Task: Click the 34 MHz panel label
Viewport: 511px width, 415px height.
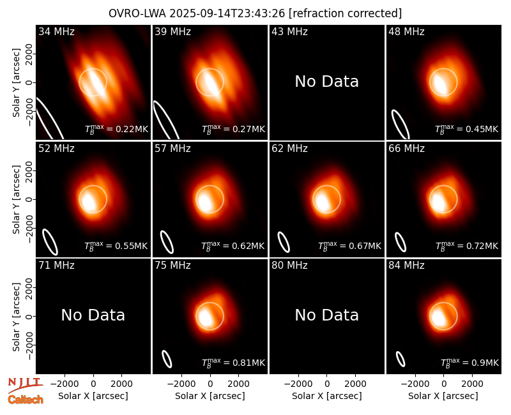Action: (56, 31)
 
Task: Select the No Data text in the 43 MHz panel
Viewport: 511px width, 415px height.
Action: (327, 82)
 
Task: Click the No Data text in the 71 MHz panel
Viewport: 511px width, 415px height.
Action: (93, 315)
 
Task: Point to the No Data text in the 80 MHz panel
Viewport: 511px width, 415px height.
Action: (327, 315)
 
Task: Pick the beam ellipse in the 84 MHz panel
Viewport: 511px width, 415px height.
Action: (400, 359)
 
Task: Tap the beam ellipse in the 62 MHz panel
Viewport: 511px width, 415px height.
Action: (284, 242)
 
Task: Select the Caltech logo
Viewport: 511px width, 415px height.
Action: (26, 400)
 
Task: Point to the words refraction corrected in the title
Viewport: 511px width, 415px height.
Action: (346, 13)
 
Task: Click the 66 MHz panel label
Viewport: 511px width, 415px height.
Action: (406, 149)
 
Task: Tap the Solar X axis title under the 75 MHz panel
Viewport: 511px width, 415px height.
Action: (210, 396)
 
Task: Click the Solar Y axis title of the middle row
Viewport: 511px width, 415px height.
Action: (16, 199)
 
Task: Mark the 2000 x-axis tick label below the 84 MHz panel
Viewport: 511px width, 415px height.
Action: (472, 384)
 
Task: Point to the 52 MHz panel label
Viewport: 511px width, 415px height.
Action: (56, 149)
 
